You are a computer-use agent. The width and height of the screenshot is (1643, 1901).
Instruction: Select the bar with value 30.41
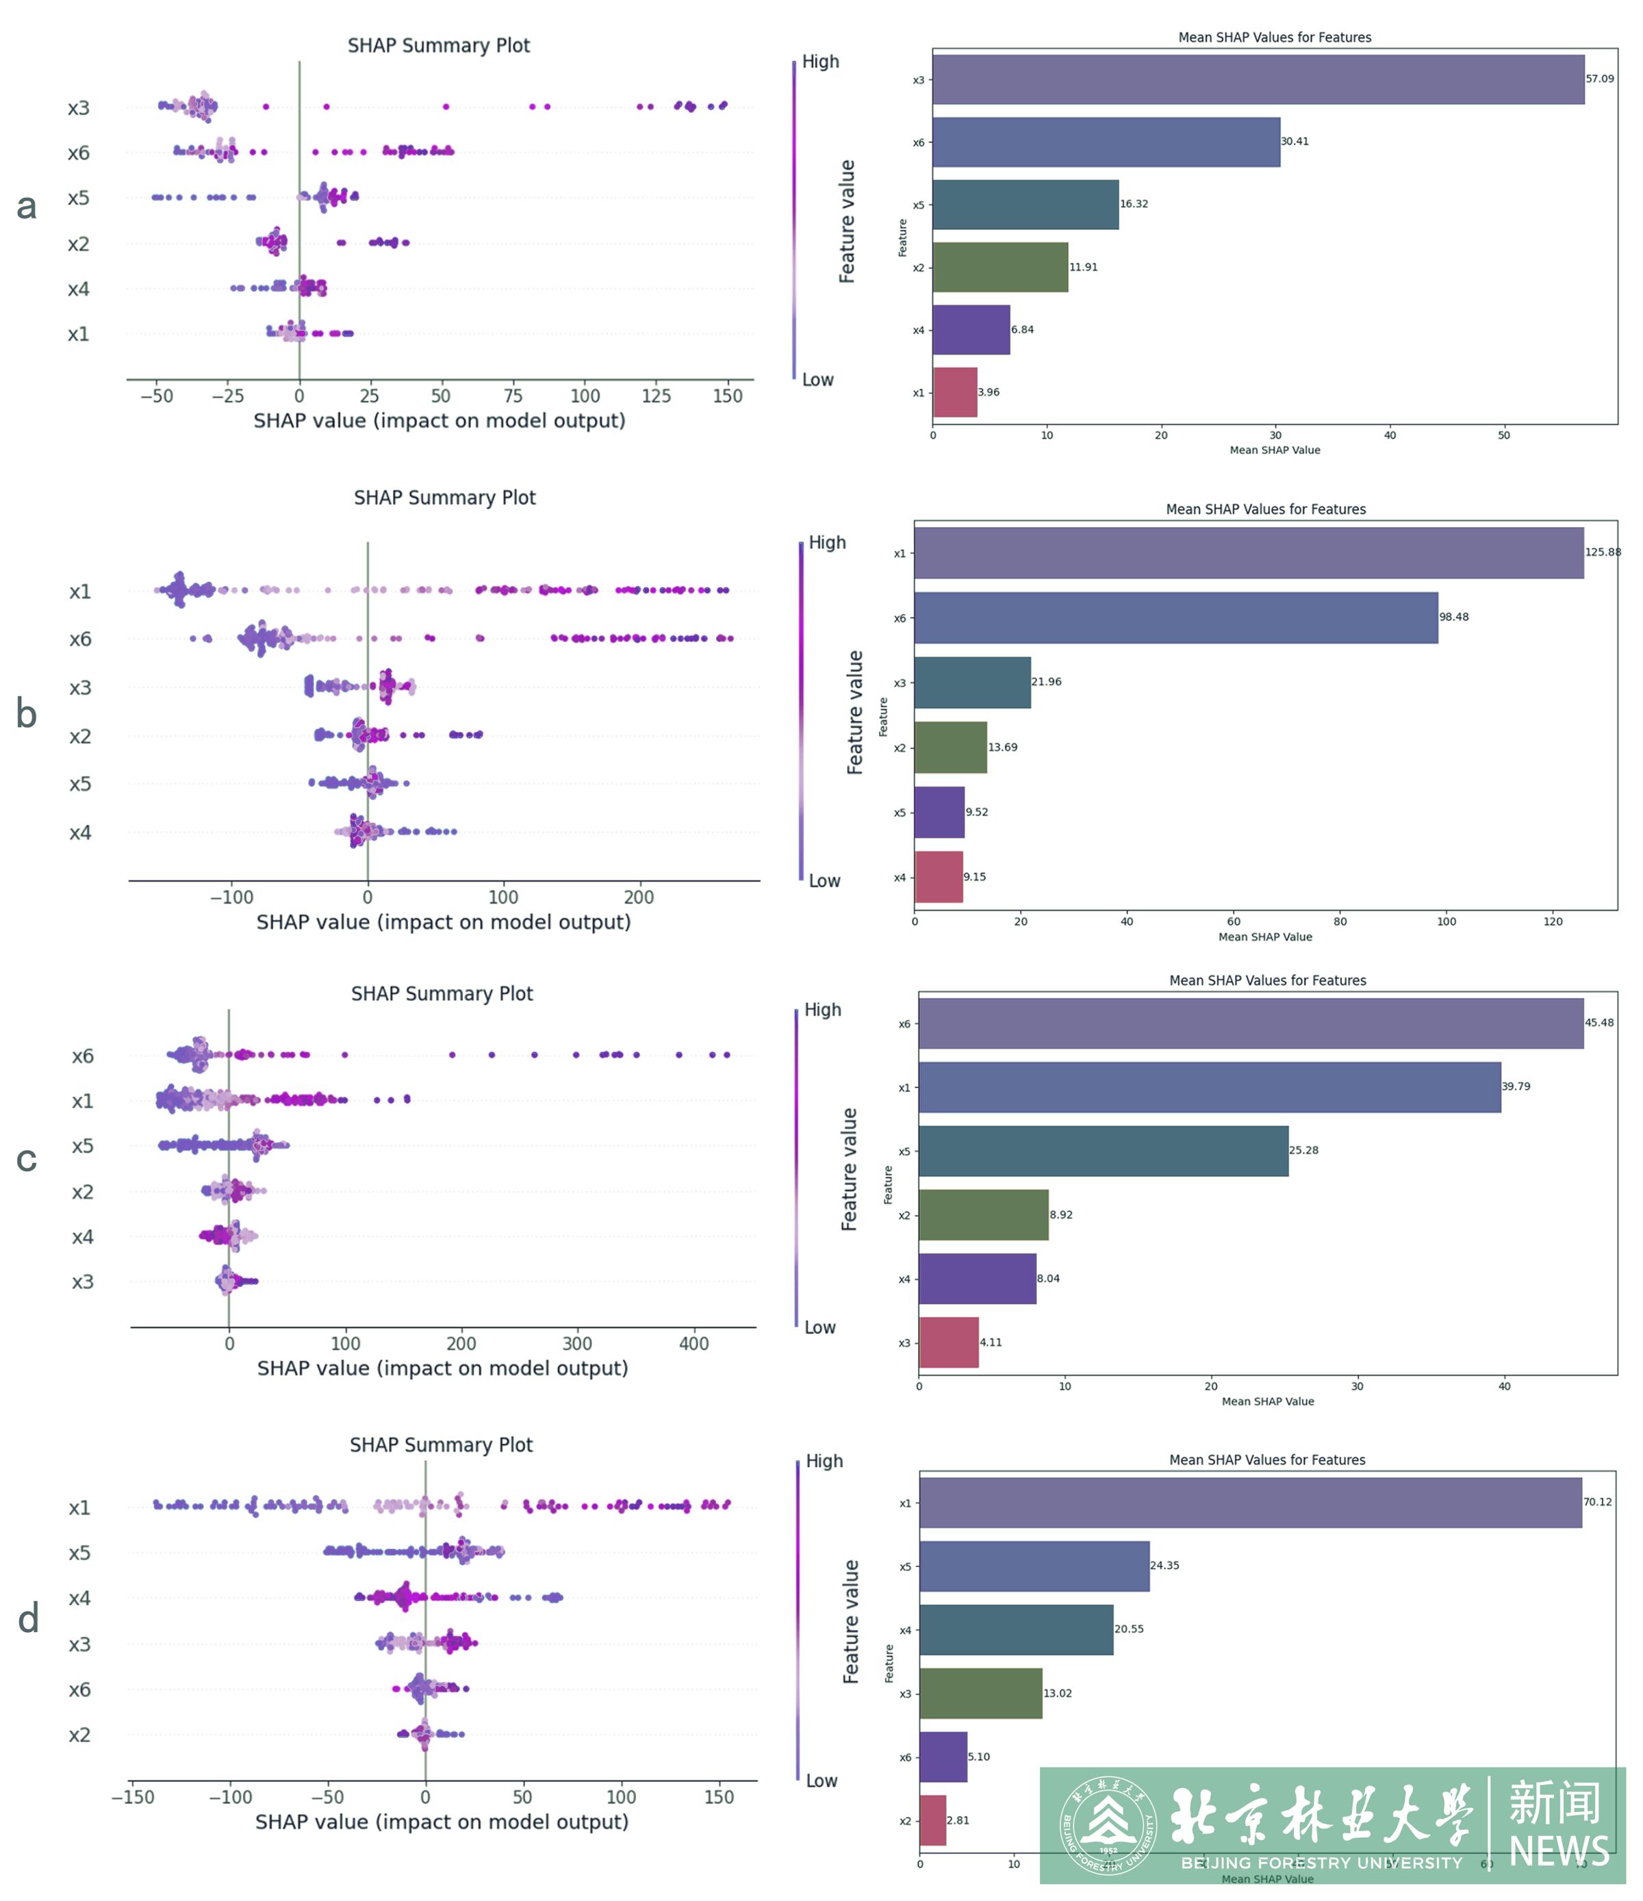coord(1106,142)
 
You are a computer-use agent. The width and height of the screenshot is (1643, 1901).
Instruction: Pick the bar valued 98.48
coord(1175,617)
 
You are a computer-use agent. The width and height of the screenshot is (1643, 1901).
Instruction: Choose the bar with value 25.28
coord(1103,1151)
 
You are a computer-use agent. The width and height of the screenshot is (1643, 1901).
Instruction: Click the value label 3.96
coord(989,393)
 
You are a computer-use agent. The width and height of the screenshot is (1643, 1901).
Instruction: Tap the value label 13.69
coord(1003,747)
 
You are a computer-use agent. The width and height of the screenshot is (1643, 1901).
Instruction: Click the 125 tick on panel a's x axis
coord(656,396)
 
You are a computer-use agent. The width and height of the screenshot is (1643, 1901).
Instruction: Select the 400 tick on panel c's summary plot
coord(693,1343)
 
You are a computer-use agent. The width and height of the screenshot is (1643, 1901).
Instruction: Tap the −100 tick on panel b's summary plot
coord(231,897)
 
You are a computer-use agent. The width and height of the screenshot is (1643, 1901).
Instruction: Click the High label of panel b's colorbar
coord(826,542)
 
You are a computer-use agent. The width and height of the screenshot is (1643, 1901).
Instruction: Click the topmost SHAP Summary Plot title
coord(439,46)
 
